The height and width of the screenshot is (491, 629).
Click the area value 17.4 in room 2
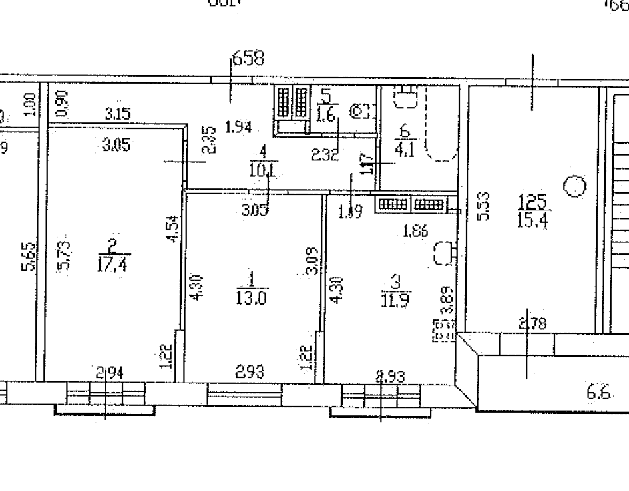click(x=114, y=264)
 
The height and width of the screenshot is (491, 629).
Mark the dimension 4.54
click(x=173, y=228)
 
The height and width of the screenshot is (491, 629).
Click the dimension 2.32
click(x=325, y=155)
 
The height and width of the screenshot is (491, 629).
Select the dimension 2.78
click(x=531, y=325)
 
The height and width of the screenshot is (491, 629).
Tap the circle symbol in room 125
click(x=574, y=187)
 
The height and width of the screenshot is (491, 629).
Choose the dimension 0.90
click(x=61, y=104)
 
